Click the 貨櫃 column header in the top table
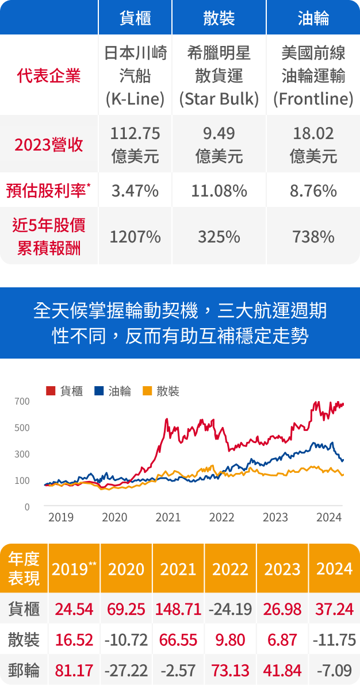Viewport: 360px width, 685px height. pos(135,18)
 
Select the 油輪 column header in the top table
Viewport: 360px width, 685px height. pos(313,18)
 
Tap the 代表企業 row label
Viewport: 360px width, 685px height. pos(49,75)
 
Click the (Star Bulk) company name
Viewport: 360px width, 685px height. pos(219,99)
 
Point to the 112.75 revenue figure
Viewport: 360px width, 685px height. pos(135,133)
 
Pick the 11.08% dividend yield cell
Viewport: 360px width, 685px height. pos(219,190)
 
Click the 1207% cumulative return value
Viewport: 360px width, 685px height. pos(135,236)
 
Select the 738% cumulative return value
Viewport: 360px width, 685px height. pos(313,236)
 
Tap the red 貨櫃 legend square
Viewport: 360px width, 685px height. pos(51,391)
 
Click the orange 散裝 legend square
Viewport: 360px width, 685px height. pos(147,391)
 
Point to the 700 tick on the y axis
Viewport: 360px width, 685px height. pos(22,401)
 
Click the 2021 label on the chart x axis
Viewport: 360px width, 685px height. pos(168,517)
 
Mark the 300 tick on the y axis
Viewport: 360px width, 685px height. pos(22,454)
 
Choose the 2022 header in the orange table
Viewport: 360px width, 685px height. pos(231,569)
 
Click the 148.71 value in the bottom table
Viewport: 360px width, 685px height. pos(178,609)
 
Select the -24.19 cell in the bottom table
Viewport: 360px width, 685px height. pos(231,609)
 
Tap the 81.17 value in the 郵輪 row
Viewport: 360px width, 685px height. pos(74,670)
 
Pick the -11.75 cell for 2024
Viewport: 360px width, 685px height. pos(334,640)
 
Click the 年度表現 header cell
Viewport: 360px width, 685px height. pos(24,568)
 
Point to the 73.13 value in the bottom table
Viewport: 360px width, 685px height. pos(231,670)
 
